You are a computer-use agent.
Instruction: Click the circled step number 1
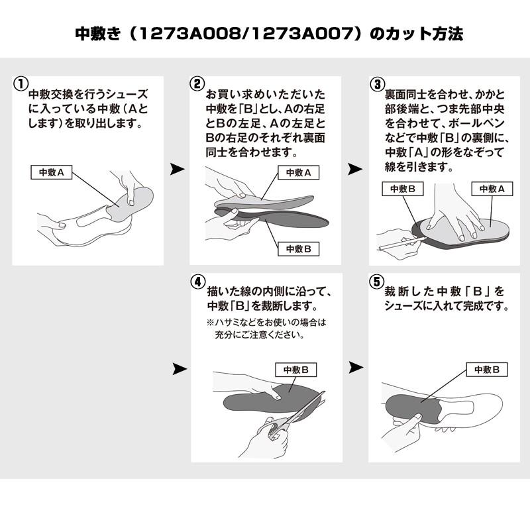[21, 84]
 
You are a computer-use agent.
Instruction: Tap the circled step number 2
[197, 84]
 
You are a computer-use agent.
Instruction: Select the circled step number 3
[376, 84]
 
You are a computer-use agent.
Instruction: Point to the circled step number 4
[197, 281]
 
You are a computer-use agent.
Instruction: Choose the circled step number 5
[376, 281]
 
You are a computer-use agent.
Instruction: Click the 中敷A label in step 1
[52, 172]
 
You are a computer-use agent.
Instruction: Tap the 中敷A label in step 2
[298, 172]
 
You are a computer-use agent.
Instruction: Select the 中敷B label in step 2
[298, 248]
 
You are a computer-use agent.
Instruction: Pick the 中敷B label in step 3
[402, 189]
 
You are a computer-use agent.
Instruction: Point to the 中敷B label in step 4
[295, 370]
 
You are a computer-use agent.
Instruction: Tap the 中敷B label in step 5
[487, 370]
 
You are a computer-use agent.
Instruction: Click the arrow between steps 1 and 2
[177, 170]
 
